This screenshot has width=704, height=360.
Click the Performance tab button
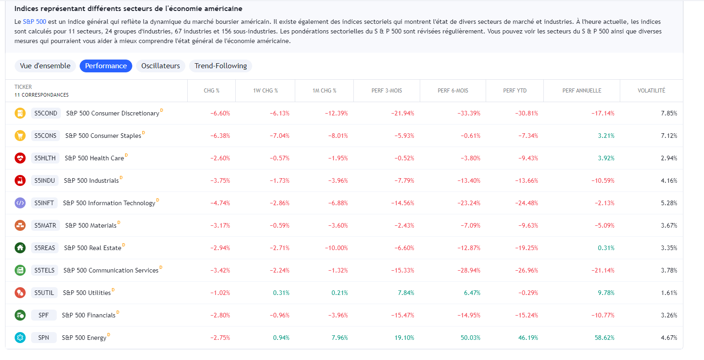[106, 66]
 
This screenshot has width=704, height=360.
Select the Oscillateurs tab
[160, 66]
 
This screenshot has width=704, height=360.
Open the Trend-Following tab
[221, 66]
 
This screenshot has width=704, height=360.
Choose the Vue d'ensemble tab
[45, 66]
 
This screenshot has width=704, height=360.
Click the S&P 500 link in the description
[34, 22]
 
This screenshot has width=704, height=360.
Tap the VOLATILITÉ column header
[651, 91]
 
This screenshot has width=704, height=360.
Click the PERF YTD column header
[514, 91]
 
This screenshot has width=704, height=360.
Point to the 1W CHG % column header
[265, 91]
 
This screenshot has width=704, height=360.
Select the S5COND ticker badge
[46, 113]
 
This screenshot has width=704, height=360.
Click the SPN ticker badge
[43, 338]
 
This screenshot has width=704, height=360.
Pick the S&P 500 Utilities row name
[87, 293]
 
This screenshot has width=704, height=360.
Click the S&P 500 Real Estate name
[92, 248]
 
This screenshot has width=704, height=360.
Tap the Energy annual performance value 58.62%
[604, 338]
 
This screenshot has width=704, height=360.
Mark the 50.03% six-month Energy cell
[471, 338]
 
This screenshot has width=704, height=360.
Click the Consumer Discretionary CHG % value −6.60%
[220, 113]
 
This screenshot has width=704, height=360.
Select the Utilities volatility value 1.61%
[669, 293]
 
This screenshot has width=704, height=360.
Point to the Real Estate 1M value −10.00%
[336, 248]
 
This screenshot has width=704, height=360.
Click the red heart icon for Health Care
[20, 158]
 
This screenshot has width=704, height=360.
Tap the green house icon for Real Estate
[20, 248]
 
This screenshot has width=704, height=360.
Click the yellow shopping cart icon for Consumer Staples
[20, 136]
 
